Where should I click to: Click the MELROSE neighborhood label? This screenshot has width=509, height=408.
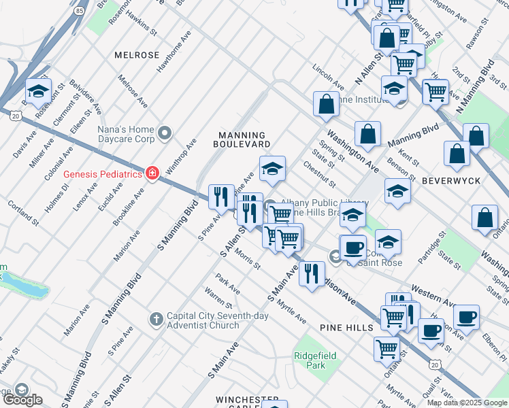[x=137, y=55]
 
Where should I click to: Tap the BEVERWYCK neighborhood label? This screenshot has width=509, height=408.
[x=450, y=181]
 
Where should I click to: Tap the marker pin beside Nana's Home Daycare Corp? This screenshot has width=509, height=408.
[x=164, y=133]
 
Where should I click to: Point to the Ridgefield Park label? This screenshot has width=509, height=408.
[x=310, y=360]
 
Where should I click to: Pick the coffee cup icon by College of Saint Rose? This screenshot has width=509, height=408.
[x=352, y=248]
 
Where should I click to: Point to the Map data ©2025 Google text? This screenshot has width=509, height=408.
[x=467, y=403]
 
